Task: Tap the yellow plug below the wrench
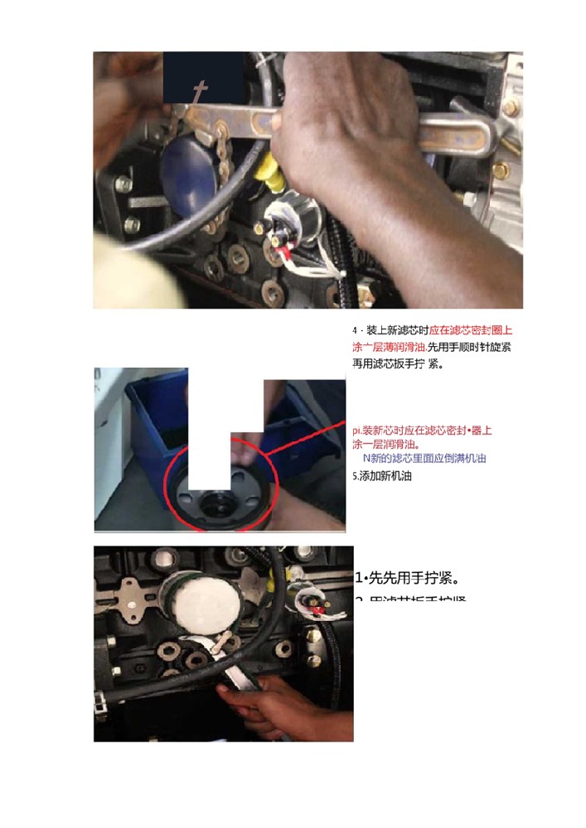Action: [267, 173]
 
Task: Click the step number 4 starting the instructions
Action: [355, 330]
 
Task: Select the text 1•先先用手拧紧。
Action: [406, 577]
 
